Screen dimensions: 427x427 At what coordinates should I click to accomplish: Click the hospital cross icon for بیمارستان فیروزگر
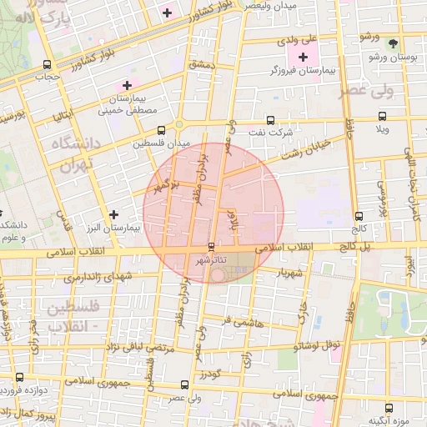[x=302, y=56]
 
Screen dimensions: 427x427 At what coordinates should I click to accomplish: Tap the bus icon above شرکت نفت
[x=270, y=120]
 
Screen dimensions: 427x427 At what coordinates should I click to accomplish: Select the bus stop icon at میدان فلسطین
[x=161, y=130]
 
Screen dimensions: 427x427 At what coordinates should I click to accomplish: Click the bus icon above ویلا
[x=382, y=117]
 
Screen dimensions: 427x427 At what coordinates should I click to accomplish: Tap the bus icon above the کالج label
[x=359, y=215]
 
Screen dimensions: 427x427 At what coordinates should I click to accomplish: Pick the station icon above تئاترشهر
[x=210, y=247]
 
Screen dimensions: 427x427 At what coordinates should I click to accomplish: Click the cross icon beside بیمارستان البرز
[x=114, y=214]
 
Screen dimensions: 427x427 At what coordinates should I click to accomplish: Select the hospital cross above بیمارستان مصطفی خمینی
[x=127, y=84]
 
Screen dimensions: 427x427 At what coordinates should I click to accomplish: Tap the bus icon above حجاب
[x=47, y=63]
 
